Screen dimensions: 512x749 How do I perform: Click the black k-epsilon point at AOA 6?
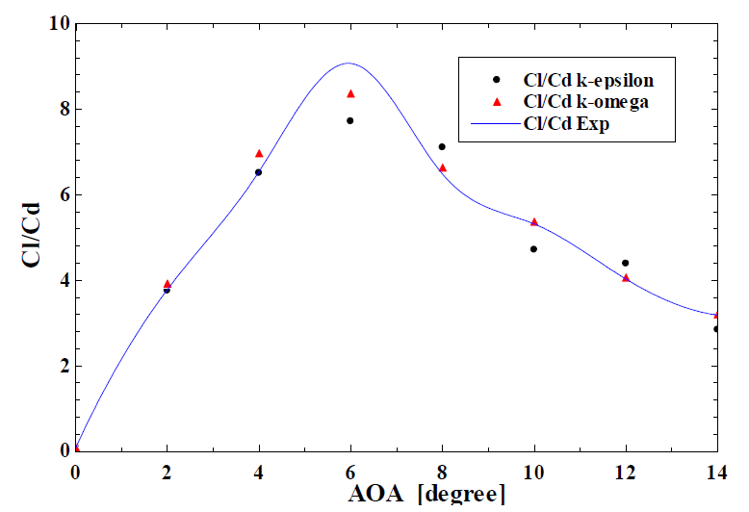click(350, 120)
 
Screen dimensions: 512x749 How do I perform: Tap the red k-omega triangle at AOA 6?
click(350, 93)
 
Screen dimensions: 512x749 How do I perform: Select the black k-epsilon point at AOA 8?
click(442, 146)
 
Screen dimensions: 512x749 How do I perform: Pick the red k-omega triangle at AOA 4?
click(259, 153)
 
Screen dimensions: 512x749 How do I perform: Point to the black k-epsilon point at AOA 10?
click(533, 249)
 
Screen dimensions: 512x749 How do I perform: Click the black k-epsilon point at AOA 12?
click(625, 263)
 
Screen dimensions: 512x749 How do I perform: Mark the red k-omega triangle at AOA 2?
click(168, 284)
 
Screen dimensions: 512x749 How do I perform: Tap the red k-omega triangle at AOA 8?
click(442, 167)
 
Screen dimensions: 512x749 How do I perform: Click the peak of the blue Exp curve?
click(349, 64)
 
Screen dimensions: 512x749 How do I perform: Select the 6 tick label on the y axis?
click(60, 194)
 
